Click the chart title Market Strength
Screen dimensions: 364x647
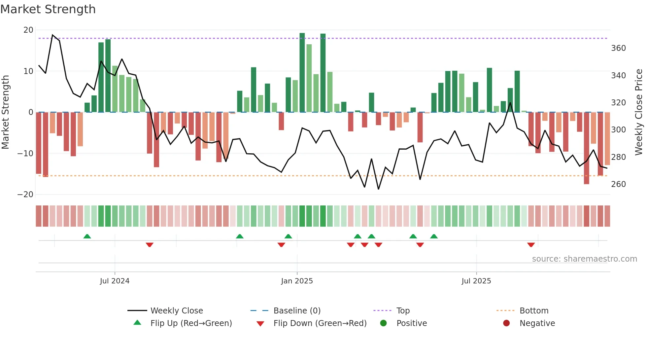[x=48, y=9]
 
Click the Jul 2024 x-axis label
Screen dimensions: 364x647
[x=115, y=281]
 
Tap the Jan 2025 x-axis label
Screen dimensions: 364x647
[x=297, y=281]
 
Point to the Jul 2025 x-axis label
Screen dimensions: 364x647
[x=476, y=281]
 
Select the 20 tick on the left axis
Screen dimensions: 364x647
[x=28, y=30]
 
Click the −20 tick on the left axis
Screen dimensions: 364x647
[x=25, y=195]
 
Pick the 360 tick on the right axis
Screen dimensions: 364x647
[x=618, y=48]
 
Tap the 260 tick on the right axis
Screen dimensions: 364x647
[x=618, y=184]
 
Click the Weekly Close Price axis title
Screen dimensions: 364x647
[x=639, y=112]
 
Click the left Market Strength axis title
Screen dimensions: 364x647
[x=6, y=112]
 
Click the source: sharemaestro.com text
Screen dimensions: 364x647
[x=584, y=259]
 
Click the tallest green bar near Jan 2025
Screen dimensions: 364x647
[x=302, y=73]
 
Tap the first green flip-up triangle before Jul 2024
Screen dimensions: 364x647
[x=87, y=237]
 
